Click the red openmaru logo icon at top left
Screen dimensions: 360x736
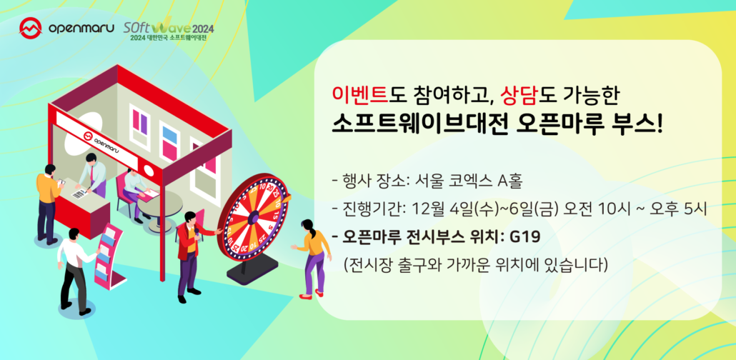point(31,29)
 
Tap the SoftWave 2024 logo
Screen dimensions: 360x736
point(165,30)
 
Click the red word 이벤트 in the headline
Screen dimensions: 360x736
point(356,94)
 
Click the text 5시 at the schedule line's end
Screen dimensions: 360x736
point(693,208)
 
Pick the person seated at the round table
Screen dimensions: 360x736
point(133,189)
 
